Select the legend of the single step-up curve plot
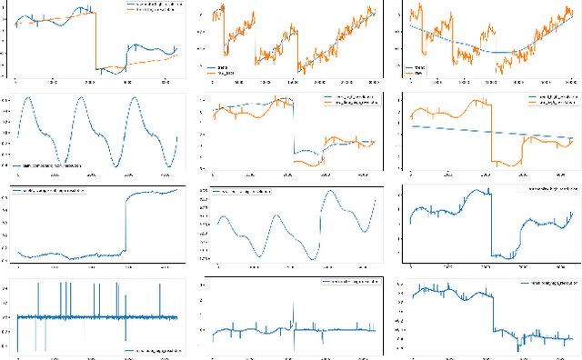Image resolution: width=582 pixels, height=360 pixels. tap(53, 192)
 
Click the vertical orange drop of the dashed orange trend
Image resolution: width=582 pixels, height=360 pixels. tap(96, 41)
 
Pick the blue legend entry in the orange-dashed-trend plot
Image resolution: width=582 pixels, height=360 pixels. tap(151, 5)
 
